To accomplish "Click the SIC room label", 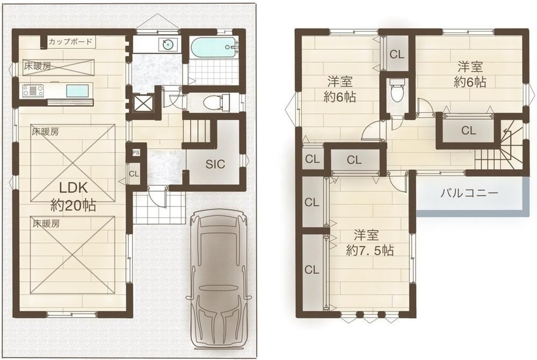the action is tap(215, 164).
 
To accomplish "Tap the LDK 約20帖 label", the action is tap(73, 197).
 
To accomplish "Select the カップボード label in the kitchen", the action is tap(70, 42).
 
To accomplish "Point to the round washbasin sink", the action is tap(168, 45).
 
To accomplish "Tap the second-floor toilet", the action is tap(397, 90).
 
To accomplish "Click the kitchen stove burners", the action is tap(33, 91).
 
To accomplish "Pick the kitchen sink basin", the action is tap(77, 91).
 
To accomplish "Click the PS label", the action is tap(136, 153).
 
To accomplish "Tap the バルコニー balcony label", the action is tap(469, 193).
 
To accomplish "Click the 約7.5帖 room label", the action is tap(369, 251).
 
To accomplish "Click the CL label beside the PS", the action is tap(134, 174).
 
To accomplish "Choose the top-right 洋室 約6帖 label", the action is tap(470, 74).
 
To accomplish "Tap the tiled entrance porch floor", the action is tap(159, 207).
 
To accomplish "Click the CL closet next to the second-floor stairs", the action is tap(468, 130).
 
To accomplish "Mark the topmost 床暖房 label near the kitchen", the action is tap(38, 67).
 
